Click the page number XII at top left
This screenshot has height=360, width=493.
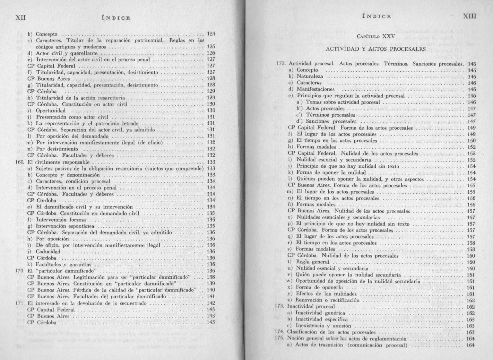coord(20,17)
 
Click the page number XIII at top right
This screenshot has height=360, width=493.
coord(470,16)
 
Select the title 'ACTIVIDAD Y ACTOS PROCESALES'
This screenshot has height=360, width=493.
coord(376,49)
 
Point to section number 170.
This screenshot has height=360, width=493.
coord(20,271)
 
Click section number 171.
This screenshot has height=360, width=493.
coord(20,303)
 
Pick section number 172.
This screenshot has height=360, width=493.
coord(281,64)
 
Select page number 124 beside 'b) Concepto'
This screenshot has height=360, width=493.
coord(211,34)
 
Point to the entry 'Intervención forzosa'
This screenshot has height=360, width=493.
coord(61,220)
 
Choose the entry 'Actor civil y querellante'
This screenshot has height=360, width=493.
coord(66,53)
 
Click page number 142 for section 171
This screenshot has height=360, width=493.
coord(211,303)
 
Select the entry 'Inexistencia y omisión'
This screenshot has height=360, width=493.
coord(323,326)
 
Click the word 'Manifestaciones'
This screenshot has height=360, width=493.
coord(316,89)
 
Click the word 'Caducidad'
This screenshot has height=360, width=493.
coord(48,251)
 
